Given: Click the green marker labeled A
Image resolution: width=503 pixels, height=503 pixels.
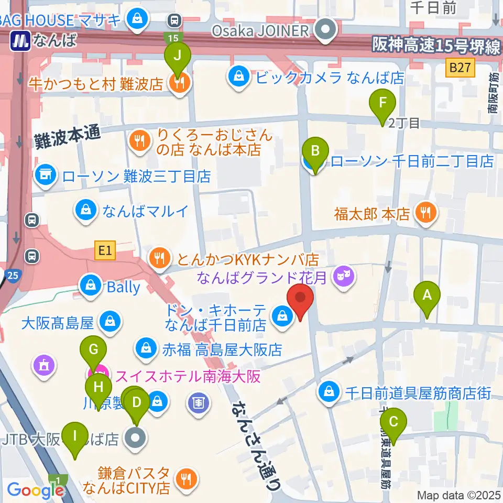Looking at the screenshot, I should click(427, 297).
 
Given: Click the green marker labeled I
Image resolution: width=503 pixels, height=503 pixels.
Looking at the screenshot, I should click(75, 436).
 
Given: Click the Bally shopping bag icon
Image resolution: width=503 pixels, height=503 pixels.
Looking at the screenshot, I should click(91, 286).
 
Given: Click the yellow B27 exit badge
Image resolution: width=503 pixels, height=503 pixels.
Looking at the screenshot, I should click(460, 67).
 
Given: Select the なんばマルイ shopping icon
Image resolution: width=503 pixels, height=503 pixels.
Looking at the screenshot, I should click(84, 211).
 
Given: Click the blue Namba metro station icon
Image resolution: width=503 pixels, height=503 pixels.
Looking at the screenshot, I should click(21, 40).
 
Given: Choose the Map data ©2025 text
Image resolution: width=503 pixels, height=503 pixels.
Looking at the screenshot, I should click(459, 495).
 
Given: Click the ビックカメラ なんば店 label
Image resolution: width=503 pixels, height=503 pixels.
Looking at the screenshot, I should click(330, 78).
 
